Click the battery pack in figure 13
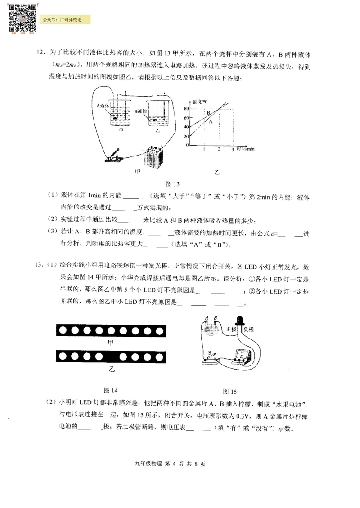(x=154, y=157)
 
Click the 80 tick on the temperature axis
(x=185, y=109)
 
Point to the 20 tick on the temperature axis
(x=185, y=136)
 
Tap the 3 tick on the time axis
(x=233, y=149)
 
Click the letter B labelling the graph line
(x=208, y=113)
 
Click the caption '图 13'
(x=173, y=184)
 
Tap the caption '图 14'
(x=111, y=389)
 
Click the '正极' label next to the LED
(x=232, y=329)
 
